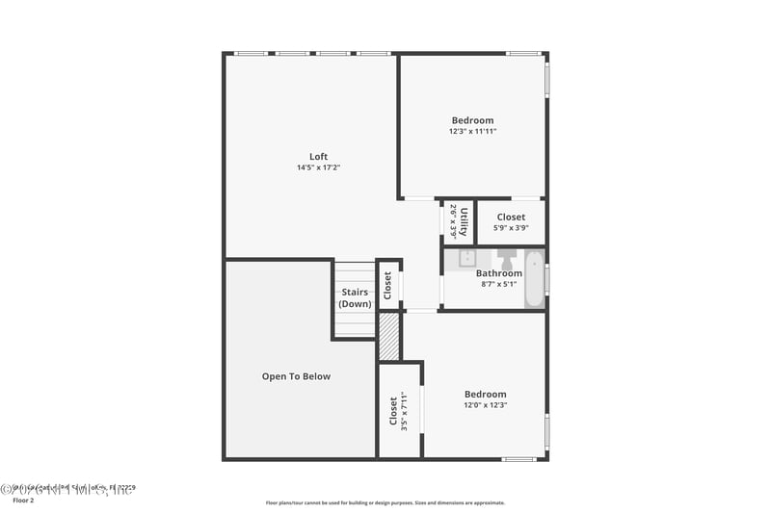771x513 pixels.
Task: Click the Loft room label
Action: coord(318,157)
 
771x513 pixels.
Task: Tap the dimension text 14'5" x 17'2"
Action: coord(318,167)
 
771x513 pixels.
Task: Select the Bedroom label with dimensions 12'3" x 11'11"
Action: coord(472,120)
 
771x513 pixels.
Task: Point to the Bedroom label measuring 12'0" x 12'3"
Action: coord(485,394)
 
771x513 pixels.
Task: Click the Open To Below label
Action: coord(296,376)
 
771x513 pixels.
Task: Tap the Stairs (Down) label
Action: coord(355,297)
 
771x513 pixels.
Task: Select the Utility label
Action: coord(464,221)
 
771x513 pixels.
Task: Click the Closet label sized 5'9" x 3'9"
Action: coord(511,218)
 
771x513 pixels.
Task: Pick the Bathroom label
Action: coord(499,273)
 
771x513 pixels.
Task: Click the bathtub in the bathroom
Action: coord(534,279)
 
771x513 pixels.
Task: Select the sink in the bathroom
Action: coord(466,258)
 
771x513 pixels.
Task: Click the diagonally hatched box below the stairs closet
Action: coord(388,337)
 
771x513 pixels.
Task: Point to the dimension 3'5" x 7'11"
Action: coord(405,411)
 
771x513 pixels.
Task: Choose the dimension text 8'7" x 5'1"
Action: coord(499,284)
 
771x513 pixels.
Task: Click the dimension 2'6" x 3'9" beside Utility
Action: coord(453,221)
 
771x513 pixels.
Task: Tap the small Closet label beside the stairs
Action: coord(388,285)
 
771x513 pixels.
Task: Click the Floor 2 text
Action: coord(22,500)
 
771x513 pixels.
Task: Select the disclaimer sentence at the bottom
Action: coord(385,502)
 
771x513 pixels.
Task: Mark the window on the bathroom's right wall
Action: coord(546,279)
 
